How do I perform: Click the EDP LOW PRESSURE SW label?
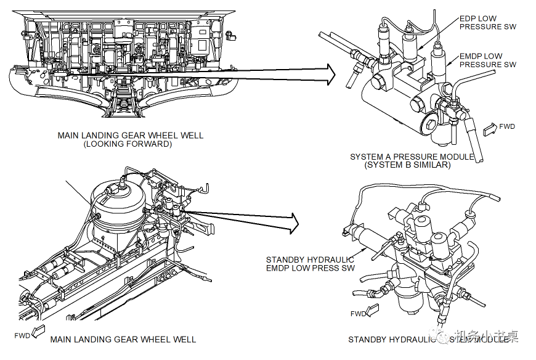click(488, 23)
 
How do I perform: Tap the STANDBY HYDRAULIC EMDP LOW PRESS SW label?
click(310, 264)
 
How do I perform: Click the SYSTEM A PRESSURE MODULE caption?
click(412, 157)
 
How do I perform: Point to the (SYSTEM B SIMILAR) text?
click(407, 165)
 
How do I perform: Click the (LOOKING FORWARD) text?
click(128, 144)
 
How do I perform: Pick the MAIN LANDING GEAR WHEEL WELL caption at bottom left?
click(123, 340)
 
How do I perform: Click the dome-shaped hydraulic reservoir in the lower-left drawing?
click(118, 203)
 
